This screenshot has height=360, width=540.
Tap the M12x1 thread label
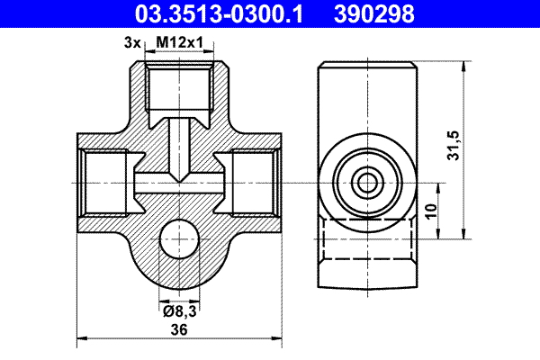pos(180,41)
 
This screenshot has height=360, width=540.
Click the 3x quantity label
pos(132,41)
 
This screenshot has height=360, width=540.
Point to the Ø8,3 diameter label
pos(180,310)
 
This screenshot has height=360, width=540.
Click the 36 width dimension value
pos(180,330)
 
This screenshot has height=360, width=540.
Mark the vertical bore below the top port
pos(180,144)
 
